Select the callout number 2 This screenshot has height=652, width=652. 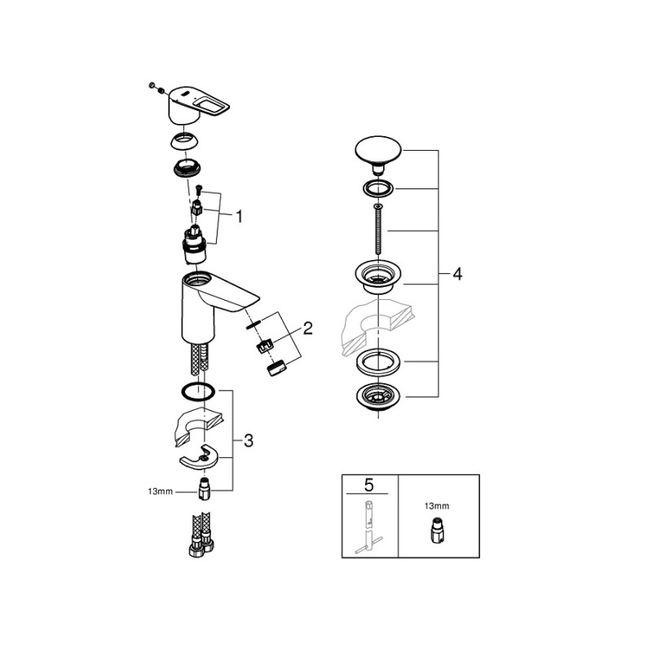[308, 328]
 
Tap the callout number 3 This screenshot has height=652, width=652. [249, 440]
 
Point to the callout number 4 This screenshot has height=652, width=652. [456, 275]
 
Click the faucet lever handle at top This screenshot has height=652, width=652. [200, 104]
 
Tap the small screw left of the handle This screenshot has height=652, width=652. [152, 85]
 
